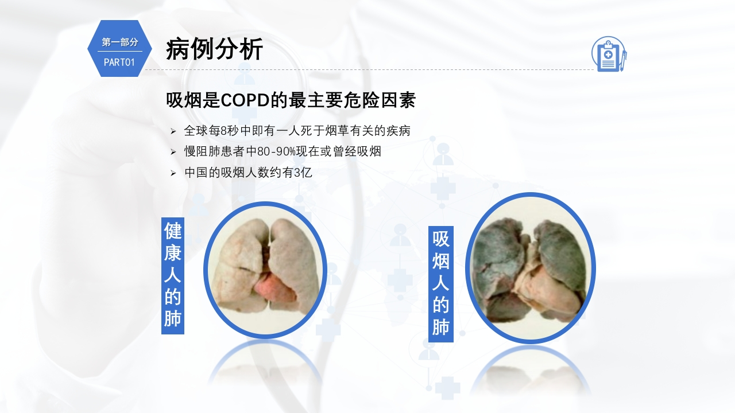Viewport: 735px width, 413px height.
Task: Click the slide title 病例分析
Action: pos(214,49)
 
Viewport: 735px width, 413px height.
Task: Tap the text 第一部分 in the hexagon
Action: pos(120,42)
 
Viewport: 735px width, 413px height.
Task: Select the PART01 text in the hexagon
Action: pos(119,63)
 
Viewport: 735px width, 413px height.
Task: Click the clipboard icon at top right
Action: pos(609,54)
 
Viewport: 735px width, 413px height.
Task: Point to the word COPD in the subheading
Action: pos(245,100)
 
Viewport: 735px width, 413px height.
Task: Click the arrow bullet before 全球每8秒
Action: pos(173,131)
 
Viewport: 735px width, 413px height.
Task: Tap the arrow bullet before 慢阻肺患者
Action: pos(173,152)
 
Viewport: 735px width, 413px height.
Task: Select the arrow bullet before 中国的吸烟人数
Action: pos(173,173)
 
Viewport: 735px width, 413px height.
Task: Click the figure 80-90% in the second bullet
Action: pos(276,152)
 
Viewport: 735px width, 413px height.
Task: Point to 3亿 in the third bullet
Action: pos(303,173)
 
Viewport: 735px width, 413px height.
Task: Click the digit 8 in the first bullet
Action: pos(224,131)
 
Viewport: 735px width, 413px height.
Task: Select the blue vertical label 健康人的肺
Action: pos(173,276)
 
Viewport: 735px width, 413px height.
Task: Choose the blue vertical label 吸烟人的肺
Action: pos(440,284)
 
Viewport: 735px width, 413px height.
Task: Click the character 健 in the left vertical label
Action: pos(173,231)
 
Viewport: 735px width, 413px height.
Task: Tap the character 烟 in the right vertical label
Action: pos(440,261)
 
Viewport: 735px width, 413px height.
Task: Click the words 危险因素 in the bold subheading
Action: pos(380,100)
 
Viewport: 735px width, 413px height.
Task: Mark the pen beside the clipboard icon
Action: pos(623,61)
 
